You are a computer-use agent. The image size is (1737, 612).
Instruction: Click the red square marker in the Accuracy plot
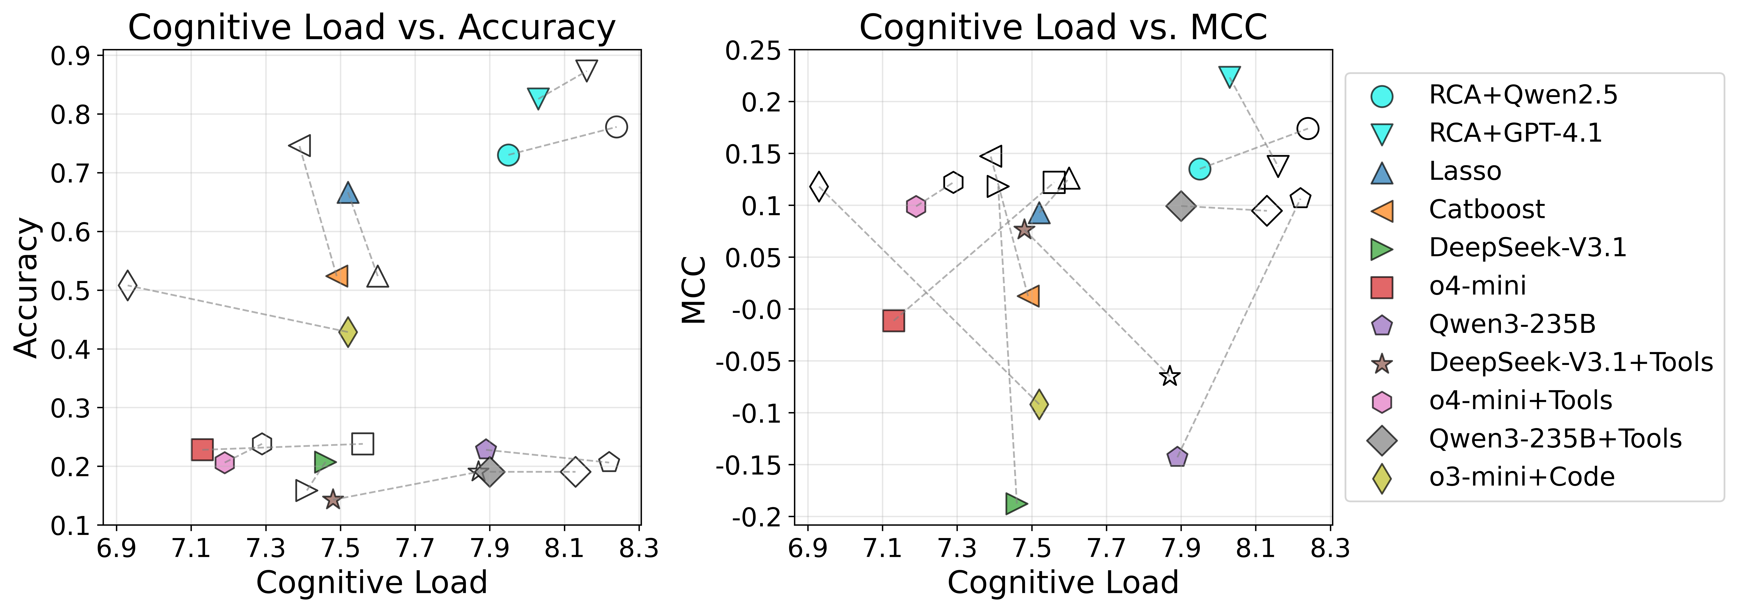tap(202, 449)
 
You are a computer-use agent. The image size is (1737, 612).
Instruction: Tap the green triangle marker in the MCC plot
tap(1015, 503)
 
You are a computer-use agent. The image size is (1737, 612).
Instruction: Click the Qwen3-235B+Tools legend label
tap(1555, 439)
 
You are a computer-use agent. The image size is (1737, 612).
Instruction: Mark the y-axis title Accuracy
tap(27, 288)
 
